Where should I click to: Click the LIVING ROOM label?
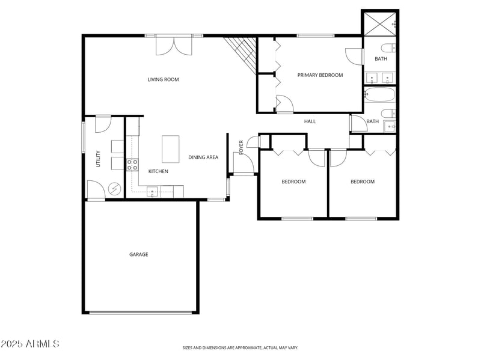pyautogui.click(x=163, y=79)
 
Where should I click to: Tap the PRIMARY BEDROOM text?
pyautogui.click(x=320, y=75)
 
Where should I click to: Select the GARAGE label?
pyautogui.click(x=138, y=254)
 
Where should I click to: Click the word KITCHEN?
pyautogui.click(x=158, y=172)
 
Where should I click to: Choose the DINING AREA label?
pyautogui.click(x=203, y=157)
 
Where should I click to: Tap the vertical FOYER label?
pyautogui.click(x=242, y=147)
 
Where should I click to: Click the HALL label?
pyautogui.click(x=310, y=121)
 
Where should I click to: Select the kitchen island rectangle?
pyautogui.click(x=171, y=148)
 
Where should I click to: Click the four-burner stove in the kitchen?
pyautogui.click(x=132, y=165)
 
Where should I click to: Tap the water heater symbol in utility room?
pyautogui.click(x=114, y=189)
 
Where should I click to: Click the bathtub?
pyautogui.click(x=380, y=95)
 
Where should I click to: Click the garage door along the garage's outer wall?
pyautogui.click(x=141, y=312)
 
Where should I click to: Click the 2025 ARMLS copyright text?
pyautogui.click(x=30, y=344)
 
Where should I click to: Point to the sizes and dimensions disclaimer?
pyautogui.click(x=240, y=347)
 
